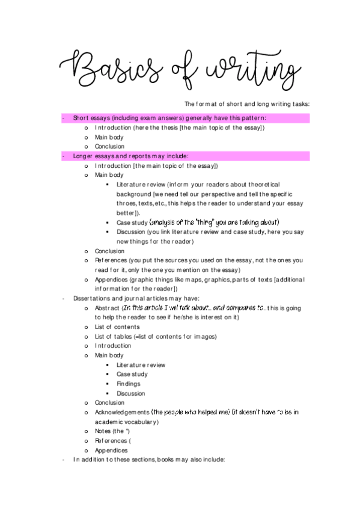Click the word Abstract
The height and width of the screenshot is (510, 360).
pyautogui.click(x=107, y=308)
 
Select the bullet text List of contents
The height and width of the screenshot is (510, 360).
pyautogui.click(x=117, y=327)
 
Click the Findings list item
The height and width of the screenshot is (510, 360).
pyautogui.click(x=128, y=384)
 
